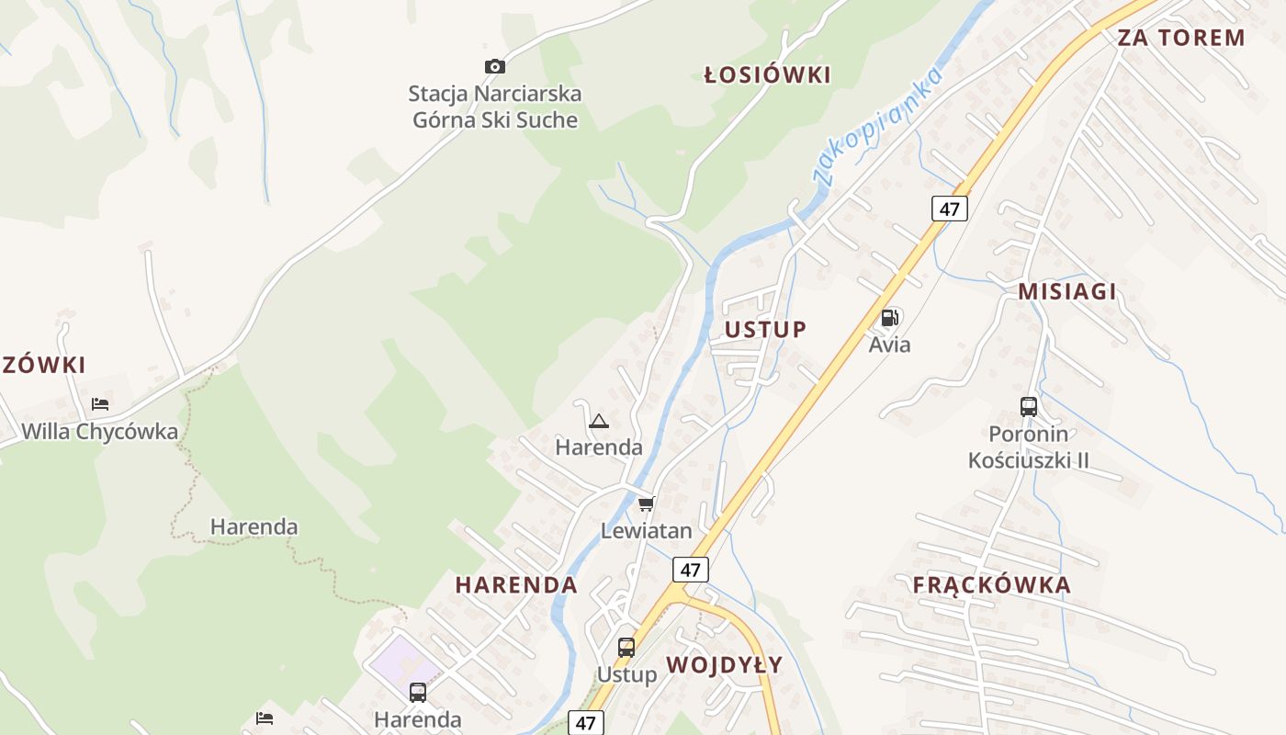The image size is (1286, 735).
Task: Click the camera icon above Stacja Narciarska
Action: click(495, 66)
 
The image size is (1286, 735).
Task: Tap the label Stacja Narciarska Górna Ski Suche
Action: click(495, 107)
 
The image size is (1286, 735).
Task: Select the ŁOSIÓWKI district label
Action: click(767, 75)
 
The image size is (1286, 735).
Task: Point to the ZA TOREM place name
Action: click(1180, 38)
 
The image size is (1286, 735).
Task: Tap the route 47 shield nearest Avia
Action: click(949, 209)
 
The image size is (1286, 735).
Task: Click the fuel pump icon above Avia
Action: click(889, 319)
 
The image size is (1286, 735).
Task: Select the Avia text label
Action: click(889, 345)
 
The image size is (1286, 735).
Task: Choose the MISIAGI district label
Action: click(1066, 292)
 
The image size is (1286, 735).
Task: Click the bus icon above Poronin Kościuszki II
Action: click(1029, 406)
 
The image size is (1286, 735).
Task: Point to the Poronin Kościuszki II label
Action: click(1029, 447)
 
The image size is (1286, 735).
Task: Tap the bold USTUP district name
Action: click(765, 330)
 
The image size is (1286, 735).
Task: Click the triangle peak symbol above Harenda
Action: click(599, 422)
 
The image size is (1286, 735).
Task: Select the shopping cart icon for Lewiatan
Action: click(646, 504)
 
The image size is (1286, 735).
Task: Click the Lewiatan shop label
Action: click(646, 531)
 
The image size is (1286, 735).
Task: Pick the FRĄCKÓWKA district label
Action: click(991, 585)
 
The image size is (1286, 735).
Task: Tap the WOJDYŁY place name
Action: click(724, 665)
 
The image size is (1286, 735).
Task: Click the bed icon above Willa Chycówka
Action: click(99, 404)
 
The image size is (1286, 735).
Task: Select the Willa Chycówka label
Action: click(99, 431)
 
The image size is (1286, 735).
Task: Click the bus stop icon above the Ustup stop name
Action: click(626, 648)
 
